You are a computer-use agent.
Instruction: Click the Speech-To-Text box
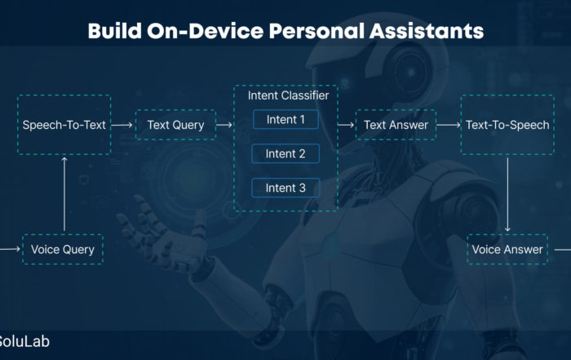click(64, 125)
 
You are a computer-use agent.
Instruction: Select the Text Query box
click(176, 125)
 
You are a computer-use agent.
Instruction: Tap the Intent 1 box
click(285, 119)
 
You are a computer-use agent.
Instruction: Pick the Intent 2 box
click(285, 153)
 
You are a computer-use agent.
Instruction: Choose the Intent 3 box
click(285, 188)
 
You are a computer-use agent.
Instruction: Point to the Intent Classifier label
click(288, 96)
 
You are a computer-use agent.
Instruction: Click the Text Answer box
click(396, 125)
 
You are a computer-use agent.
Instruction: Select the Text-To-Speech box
click(507, 125)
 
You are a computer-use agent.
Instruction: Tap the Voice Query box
click(63, 249)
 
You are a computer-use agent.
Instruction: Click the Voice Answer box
click(507, 249)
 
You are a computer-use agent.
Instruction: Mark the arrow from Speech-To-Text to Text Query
click(122, 125)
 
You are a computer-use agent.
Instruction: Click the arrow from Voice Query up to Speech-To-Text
click(64, 193)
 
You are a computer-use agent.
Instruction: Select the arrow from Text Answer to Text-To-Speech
click(449, 125)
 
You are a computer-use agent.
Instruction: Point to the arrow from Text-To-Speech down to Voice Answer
click(507, 194)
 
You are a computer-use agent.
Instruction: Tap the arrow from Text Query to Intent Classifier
click(224, 125)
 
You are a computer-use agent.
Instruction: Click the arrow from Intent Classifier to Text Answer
click(346, 125)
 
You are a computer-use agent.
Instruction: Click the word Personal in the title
click(316, 30)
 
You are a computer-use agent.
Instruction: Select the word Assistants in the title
click(427, 30)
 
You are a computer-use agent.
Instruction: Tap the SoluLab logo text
click(24, 341)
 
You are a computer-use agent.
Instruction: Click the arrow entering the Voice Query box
click(10, 249)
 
